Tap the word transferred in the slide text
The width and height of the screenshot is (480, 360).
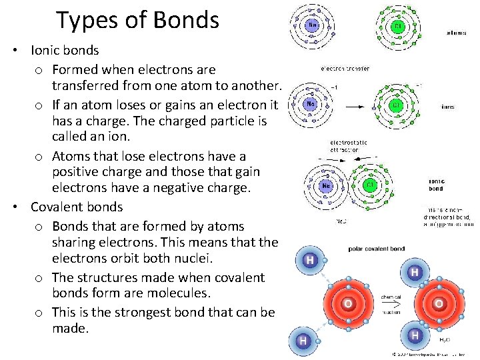(87, 85)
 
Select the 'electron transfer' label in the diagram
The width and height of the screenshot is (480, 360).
(345, 68)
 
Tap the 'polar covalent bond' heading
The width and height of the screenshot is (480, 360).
(377, 249)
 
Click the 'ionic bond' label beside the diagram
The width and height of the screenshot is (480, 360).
(436, 185)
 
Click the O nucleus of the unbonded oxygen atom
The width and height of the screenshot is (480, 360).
(347, 304)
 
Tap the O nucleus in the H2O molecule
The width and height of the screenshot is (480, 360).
(439, 304)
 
